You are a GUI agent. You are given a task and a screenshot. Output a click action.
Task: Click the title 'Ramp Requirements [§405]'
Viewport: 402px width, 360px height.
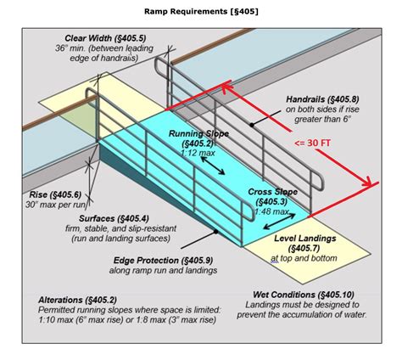201,11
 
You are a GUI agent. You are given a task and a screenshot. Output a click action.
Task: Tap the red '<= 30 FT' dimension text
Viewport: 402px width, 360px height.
312,143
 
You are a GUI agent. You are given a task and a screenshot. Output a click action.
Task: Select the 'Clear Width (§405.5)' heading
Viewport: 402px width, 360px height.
105,38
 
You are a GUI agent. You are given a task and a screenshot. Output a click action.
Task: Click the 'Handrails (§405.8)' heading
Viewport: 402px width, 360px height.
322,99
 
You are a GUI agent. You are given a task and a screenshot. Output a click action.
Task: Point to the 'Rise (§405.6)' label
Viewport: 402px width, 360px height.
55,194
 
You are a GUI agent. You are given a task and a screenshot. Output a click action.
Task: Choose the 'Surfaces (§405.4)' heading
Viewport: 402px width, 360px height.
114,218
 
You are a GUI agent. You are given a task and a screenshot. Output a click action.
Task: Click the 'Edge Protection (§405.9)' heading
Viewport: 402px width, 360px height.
164,260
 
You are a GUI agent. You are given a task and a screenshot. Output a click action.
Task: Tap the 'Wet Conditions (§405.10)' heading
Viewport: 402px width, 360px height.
304,295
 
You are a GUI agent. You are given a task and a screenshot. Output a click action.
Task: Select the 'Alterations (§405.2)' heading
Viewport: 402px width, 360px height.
77,300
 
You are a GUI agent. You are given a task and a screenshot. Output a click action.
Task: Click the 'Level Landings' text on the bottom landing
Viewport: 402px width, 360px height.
305,239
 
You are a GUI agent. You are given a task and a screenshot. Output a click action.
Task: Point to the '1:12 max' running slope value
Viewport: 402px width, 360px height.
198,153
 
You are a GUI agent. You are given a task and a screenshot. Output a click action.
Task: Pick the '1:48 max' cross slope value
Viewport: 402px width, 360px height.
271,211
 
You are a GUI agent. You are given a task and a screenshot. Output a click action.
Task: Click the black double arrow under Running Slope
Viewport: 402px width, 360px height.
213,166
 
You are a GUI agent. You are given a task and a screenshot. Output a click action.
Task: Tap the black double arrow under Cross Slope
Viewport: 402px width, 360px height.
279,222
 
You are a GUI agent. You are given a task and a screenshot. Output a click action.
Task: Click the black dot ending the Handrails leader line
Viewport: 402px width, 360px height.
252,125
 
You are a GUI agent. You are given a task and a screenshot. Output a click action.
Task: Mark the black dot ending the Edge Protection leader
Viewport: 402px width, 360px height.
216,232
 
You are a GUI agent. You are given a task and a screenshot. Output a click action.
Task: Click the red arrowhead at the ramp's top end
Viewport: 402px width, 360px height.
226,86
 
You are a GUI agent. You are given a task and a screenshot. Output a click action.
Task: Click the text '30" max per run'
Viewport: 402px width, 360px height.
55,205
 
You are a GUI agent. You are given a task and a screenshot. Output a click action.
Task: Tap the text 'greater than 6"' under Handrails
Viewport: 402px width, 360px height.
322,119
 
